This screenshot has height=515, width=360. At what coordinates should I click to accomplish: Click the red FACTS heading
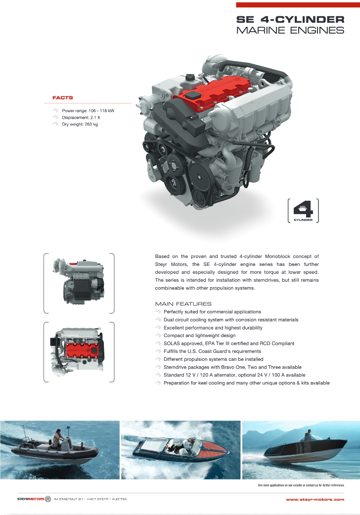(62, 97)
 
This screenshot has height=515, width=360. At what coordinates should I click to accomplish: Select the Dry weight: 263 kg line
(80, 124)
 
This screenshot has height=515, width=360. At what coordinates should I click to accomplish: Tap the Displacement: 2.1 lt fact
(81, 117)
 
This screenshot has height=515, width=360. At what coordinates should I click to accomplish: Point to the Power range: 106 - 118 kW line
(88, 111)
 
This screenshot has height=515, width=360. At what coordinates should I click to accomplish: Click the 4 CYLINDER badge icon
(303, 211)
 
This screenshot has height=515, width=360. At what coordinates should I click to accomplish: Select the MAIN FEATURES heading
(183, 304)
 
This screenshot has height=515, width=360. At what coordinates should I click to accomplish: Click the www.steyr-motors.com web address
(315, 499)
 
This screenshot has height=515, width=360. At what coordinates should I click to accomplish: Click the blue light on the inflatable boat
(69, 428)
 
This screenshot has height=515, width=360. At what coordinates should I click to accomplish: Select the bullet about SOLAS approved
(229, 343)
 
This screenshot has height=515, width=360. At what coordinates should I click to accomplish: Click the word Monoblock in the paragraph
(277, 256)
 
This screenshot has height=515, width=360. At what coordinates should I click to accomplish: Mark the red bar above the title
(298, 5)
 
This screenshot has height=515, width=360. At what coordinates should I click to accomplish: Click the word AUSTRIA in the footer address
(119, 499)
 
